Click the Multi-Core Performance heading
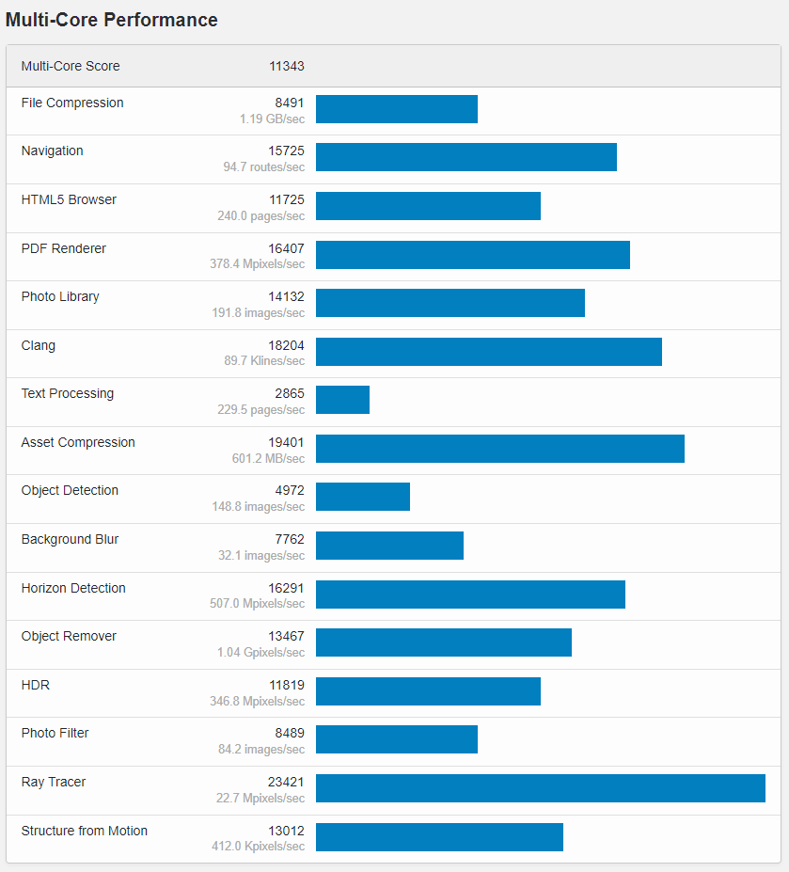[112, 20]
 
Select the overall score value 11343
[286, 67]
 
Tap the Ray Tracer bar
[540, 788]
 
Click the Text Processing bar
[342, 400]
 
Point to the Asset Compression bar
[499, 449]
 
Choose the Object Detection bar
[362, 497]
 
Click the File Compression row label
[72, 103]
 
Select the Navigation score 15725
[286, 151]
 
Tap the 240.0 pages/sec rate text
[260, 215]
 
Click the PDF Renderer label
[64, 249]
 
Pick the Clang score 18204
[286, 346]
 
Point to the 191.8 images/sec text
[258, 312]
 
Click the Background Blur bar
[389, 546]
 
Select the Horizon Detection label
[73, 589]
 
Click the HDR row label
[36, 686]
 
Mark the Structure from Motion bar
[439, 837]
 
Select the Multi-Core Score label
[71, 67]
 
